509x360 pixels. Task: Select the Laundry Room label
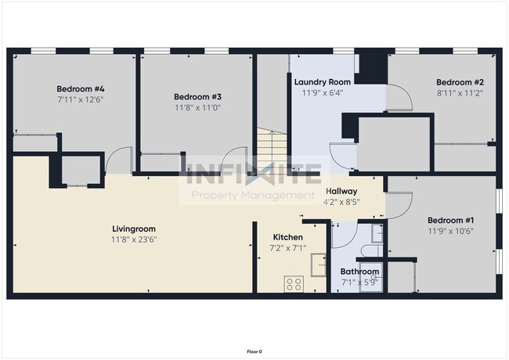click(x=322, y=81)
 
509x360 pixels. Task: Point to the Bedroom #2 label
click(x=460, y=82)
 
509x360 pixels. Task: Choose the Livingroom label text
click(x=133, y=229)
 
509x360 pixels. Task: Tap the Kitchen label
click(x=288, y=237)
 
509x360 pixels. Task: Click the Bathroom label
click(x=359, y=272)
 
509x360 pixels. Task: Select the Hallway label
click(x=341, y=191)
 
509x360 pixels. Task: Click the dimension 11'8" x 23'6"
click(x=133, y=240)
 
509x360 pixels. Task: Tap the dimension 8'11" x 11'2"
click(x=460, y=93)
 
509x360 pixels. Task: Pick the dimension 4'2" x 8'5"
click(x=341, y=201)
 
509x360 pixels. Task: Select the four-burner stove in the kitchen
click(x=294, y=284)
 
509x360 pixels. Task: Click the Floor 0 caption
click(x=254, y=351)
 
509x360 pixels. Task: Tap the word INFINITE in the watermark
click(x=253, y=171)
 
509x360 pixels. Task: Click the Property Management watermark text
click(x=253, y=194)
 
